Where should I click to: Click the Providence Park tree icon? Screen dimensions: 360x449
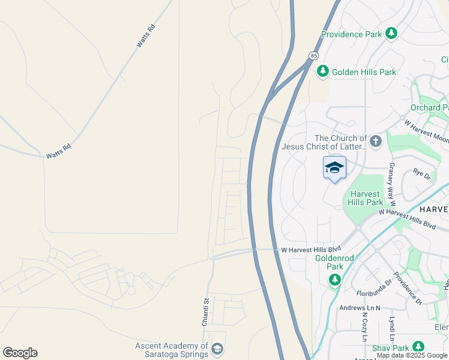pyautogui.click(x=391, y=34)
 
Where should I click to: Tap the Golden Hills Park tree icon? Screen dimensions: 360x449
pyautogui.click(x=323, y=71)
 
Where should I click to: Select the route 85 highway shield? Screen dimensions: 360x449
pyautogui.click(x=313, y=56)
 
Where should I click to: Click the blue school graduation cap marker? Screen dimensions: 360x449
pyautogui.click(x=334, y=167)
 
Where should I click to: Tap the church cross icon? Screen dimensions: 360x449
pyautogui.click(x=376, y=142)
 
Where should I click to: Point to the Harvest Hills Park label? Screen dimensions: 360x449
pyautogui.click(x=366, y=198)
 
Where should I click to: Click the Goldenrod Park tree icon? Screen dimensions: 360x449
pyautogui.click(x=334, y=280)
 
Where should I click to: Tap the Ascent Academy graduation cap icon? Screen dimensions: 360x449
pyautogui.click(x=217, y=349)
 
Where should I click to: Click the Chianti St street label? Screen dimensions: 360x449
pyautogui.click(x=205, y=312)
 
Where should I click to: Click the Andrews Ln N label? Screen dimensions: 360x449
pyautogui.click(x=360, y=308)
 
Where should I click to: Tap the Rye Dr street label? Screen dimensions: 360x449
pyautogui.click(x=421, y=173)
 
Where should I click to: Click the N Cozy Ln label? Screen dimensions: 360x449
pyautogui.click(x=364, y=326)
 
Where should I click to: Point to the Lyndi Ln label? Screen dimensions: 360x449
pyautogui.click(x=391, y=329)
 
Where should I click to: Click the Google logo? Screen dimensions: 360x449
pyautogui.click(x=20, y=353)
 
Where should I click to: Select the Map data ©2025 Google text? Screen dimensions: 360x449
pyautogui.click(x=412, y=355)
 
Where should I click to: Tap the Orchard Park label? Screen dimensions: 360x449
pyautogui.click(x=429, y=107)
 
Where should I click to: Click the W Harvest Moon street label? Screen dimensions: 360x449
pyautogui.click(x=426, y=131)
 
